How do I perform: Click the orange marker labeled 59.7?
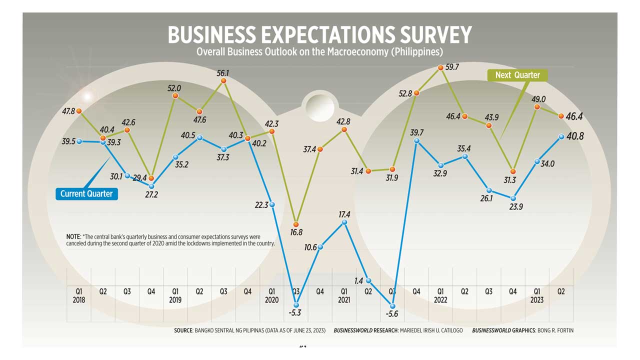440,67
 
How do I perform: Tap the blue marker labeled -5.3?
296,304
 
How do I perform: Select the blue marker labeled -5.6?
393,306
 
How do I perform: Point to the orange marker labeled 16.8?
296,224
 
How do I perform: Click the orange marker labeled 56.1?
223,80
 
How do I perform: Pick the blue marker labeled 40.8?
561,136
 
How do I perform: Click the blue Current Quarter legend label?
86,194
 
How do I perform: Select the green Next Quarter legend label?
517,75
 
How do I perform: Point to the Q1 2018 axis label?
79,295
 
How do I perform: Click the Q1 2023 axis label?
536,295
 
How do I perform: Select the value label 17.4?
344,214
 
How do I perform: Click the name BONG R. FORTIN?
553,330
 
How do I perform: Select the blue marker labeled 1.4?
368,280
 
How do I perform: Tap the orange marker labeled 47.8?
79,111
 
